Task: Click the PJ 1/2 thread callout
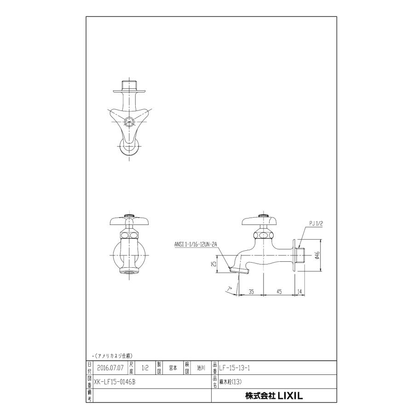tap(316, 224)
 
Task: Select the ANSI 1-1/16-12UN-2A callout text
tap(195, 245)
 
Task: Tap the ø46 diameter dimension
tap(317, 255)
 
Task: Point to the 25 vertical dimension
tap(214, 264)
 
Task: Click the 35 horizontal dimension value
tap(251, 292)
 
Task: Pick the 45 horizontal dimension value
tap(279, 292)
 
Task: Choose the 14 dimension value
tap(299, 292)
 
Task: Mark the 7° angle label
tap(229, 290)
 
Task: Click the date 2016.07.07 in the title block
tap(110, 368)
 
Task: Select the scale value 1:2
tap(145, 368)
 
